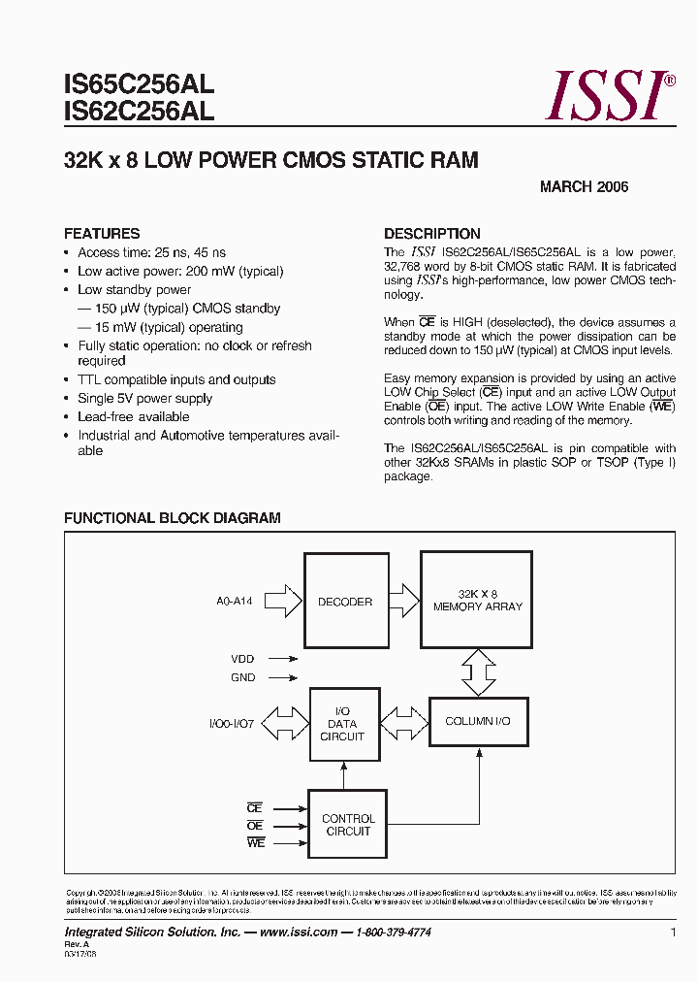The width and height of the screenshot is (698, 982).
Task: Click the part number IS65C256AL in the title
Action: point(139,83)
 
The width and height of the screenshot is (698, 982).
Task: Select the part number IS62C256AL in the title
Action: point(139,112)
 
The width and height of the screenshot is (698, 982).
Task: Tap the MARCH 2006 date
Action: point(584,186)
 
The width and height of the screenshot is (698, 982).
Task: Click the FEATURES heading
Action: point(102,234)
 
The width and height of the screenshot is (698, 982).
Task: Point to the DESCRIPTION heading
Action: point(431,234)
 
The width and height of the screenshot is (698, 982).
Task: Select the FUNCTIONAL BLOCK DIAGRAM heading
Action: point(172,518)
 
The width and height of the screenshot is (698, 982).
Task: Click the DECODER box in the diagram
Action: point(345,602)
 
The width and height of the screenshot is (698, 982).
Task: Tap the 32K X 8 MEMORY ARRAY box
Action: point(477,600)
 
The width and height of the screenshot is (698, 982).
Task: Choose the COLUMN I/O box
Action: point(477,721)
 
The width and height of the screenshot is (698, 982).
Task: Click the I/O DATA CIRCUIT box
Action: point(342,724)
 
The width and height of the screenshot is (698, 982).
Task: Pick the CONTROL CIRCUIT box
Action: point(348,825)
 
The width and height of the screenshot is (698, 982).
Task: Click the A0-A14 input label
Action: point(235,602)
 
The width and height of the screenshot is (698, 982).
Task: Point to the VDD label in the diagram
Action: point(242,659)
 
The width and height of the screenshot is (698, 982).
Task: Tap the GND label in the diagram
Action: point(242,677)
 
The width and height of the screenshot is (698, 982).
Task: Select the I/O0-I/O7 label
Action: point(232,724)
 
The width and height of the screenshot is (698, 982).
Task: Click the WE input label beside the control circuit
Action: point(255,843)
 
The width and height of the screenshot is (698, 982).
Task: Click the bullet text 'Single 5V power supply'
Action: point(144,399)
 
